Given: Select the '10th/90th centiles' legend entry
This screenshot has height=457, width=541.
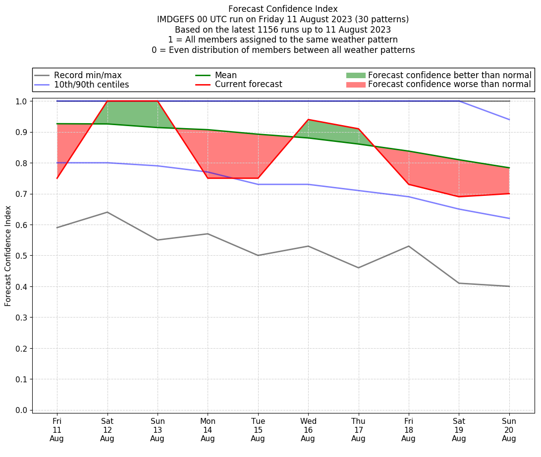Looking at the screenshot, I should [x=91, y=85].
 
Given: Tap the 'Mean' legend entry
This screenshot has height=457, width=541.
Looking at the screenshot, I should [x=225, y=75].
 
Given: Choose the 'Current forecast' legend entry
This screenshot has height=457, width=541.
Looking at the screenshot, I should [x=248, y=85].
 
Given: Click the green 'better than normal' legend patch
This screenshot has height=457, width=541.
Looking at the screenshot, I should [x=355, y=75].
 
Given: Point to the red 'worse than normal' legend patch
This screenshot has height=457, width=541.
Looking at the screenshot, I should [x=355, y=85].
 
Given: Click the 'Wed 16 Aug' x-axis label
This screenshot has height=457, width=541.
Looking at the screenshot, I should [x=308, y=430].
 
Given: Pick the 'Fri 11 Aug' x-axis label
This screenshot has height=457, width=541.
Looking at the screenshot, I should [x=57, y=430].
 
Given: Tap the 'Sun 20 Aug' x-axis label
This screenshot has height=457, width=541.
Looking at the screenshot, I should [x=509, y=430].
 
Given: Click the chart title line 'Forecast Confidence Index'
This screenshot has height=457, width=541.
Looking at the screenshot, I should [x=283, y=9].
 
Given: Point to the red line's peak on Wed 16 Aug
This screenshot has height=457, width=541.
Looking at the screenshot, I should [x=308, y=120].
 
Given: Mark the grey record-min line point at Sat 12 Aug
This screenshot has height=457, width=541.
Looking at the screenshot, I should [x=108, y=212].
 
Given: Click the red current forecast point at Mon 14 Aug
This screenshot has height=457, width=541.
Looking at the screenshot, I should [x=208, y=178].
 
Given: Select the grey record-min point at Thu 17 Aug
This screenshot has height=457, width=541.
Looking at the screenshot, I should [x=359, y=268].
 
